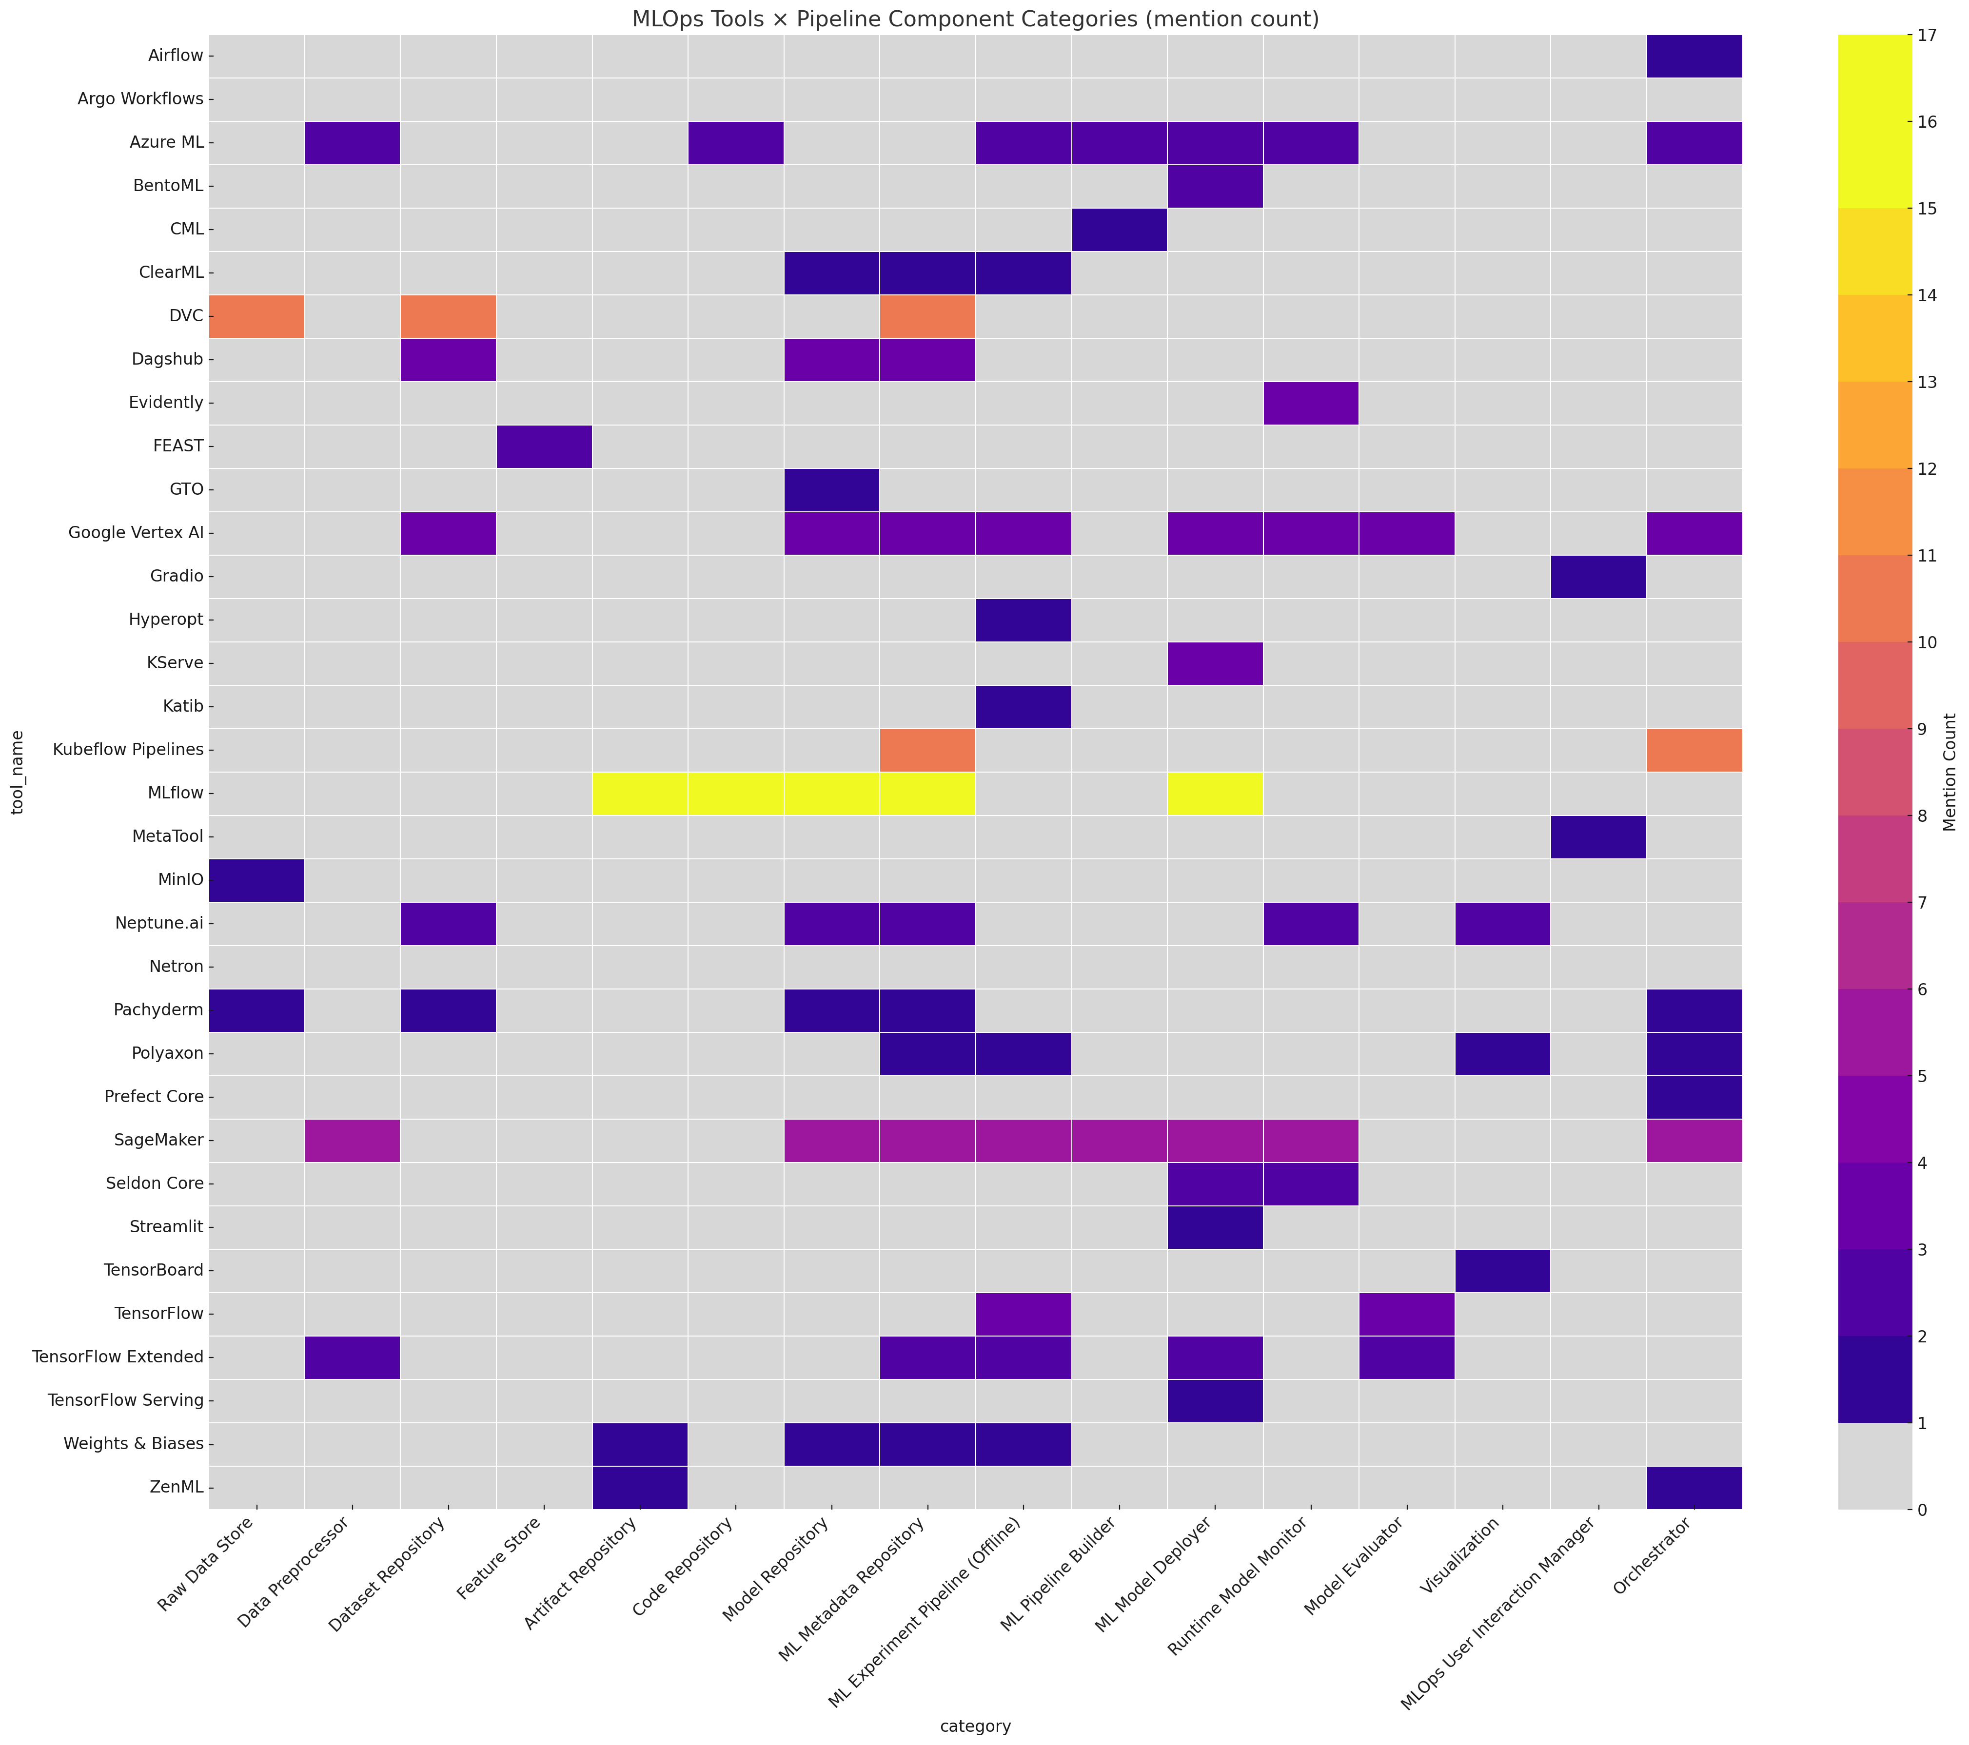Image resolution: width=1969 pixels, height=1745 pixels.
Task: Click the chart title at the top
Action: click(975, 19)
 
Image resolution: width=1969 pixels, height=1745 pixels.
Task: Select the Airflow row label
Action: click(177, 55)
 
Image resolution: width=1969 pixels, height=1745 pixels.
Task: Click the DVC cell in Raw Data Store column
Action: click(256, 316)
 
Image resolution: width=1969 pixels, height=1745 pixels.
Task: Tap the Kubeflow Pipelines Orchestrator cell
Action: click(1693, 750)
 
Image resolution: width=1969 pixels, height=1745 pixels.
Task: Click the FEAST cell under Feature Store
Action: click(544, 446)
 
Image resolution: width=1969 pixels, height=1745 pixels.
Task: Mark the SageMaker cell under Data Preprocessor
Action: click(353, 1140)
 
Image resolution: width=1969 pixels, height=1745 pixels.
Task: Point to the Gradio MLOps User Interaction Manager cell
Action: click(1598, 576)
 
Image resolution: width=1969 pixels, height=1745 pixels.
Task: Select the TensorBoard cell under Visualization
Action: click(1502, 1270)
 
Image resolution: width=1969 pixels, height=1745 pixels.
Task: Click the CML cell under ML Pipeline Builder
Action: click(1119, 229)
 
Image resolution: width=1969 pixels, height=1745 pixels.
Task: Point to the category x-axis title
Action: click(975, 1726)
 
